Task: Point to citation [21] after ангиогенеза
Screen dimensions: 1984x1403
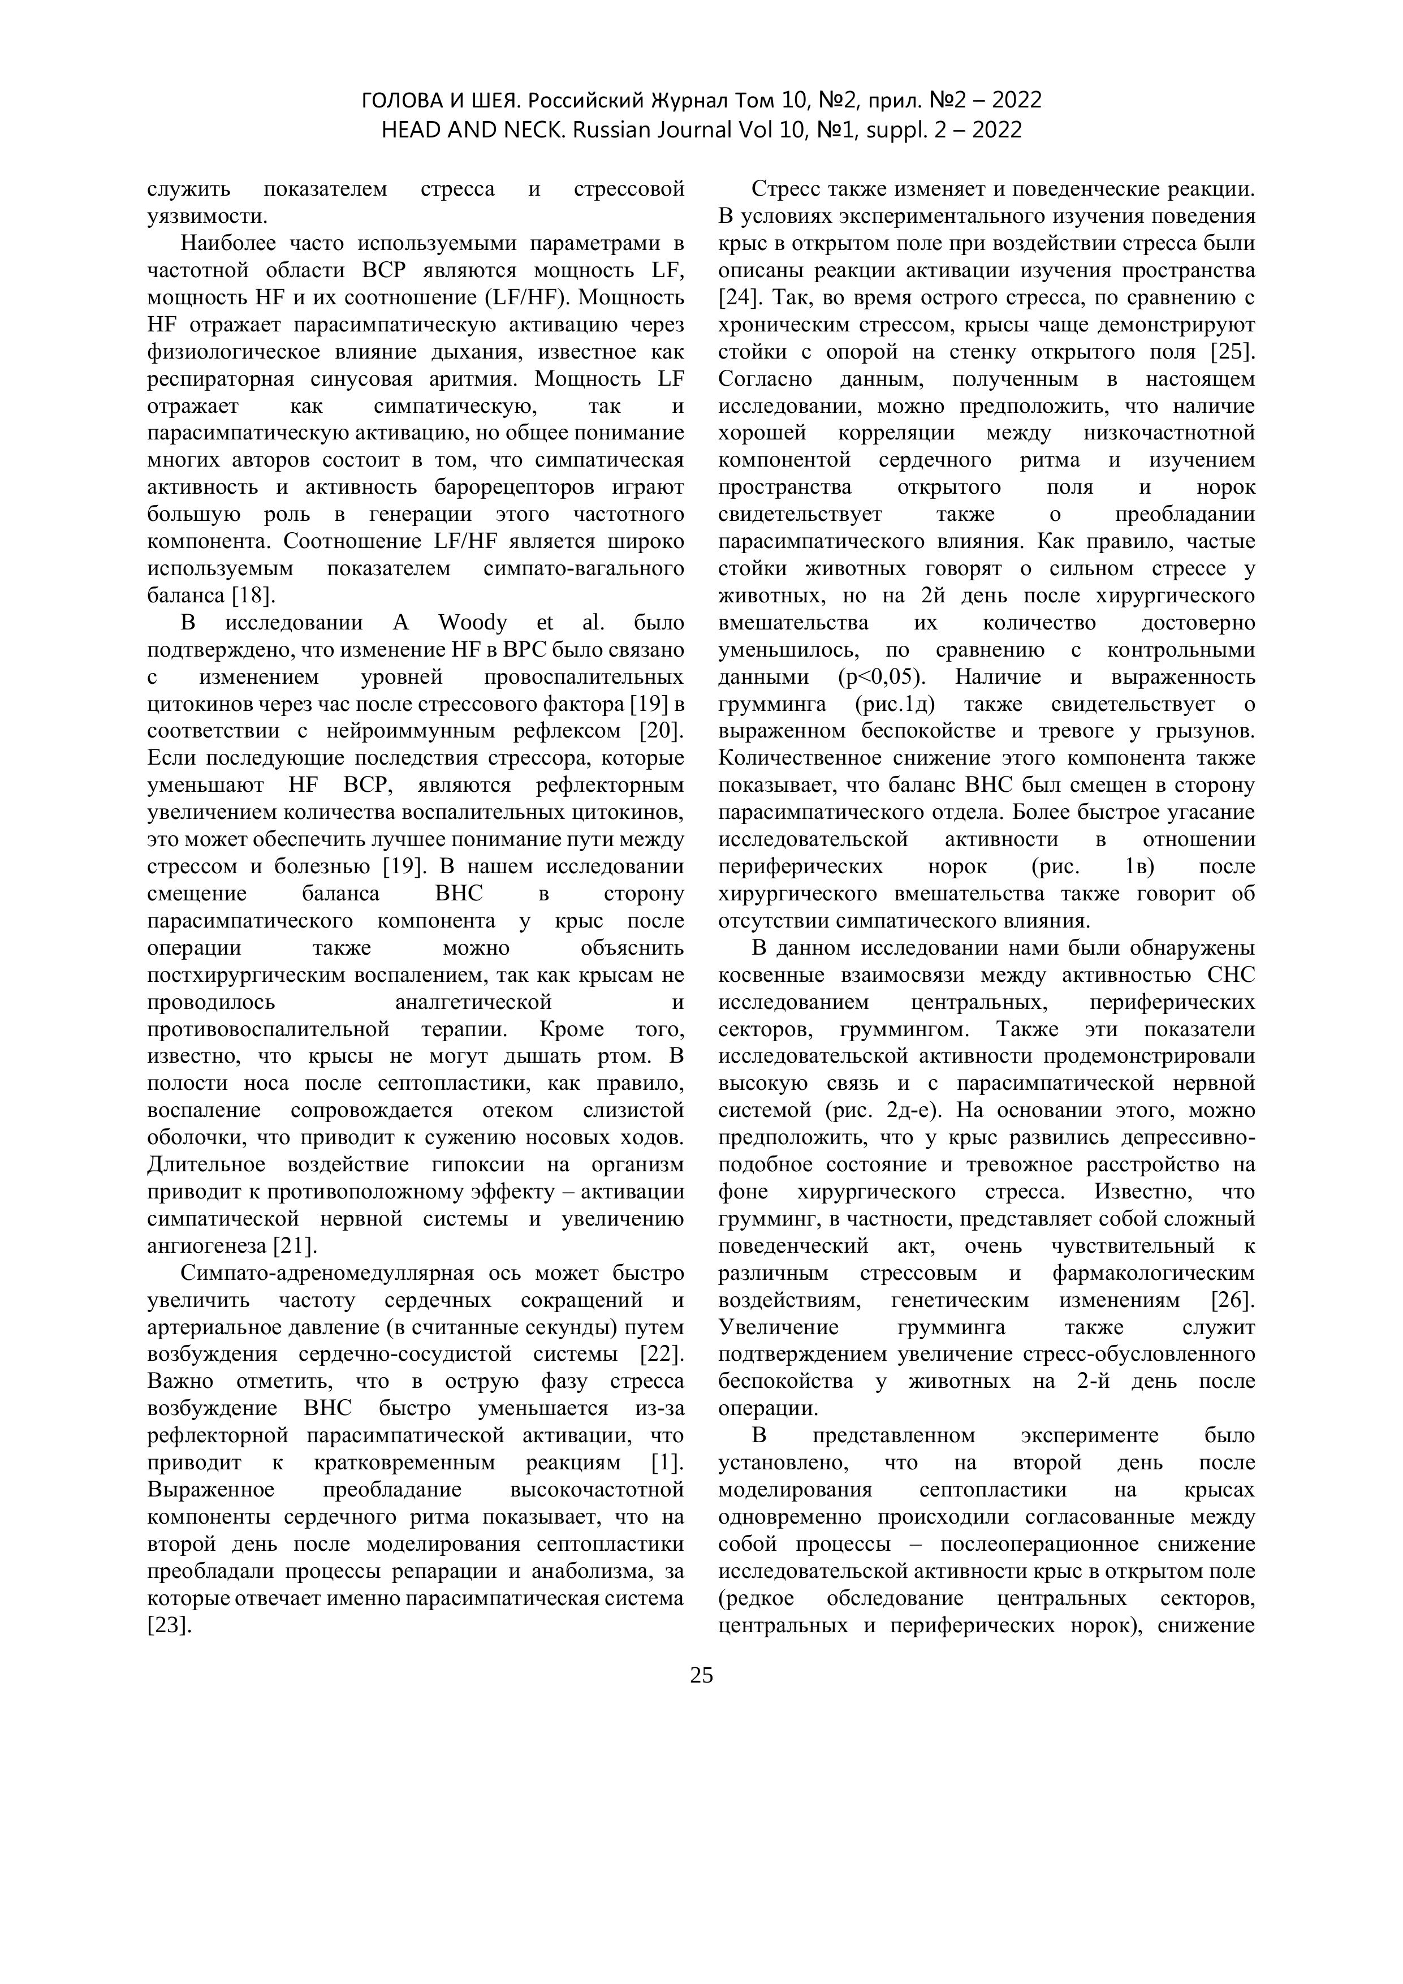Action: [295, 1245]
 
